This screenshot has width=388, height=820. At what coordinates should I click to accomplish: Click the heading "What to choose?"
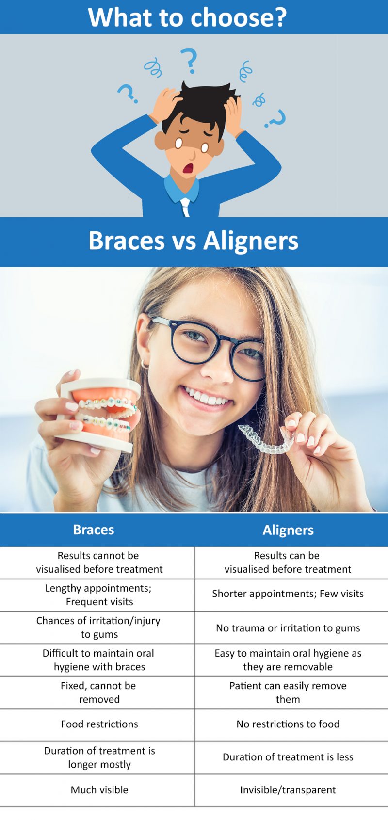pos(187,17)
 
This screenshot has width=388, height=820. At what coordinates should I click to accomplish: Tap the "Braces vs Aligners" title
pos(193,241)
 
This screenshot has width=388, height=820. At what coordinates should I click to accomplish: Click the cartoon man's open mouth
pos(188,168)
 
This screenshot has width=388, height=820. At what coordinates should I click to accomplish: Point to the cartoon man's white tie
pos(185,207)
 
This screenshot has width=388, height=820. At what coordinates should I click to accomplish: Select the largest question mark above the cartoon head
pos(190,60)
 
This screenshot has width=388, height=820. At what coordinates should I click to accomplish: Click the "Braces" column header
pos(94,530)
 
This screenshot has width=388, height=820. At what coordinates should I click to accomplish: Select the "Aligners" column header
pos(288,530)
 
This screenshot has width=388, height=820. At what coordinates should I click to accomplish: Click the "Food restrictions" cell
pos(99,724)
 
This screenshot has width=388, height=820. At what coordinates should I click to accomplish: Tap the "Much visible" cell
pos(99,790)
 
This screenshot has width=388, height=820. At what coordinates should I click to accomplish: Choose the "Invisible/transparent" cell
pos(288,790)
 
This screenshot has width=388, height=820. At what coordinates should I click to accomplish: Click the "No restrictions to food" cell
pos(288,724)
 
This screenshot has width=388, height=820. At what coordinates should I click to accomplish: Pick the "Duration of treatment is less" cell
pos(288,757)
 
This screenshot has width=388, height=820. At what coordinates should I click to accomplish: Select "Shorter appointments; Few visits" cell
pos(288,594)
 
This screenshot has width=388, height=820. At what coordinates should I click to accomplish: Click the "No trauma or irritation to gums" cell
pos(288,628)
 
